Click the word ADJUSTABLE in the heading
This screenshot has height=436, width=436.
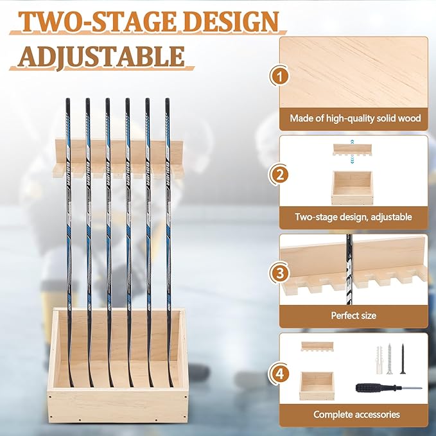tap(102, 56)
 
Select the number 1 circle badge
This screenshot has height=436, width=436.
tap(278, 77)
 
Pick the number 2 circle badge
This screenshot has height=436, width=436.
tap(278, 174)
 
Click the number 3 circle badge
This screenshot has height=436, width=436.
tap(278, 273)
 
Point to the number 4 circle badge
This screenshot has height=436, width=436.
tap(278, 371)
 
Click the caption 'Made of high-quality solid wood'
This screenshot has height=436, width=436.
tap(355, 118)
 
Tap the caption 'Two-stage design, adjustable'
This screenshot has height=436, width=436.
tap(353, 217)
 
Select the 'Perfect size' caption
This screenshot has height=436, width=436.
tap(353, 315)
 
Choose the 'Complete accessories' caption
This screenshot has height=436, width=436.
tap(356, 414)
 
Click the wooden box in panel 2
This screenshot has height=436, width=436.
tap(351, 187)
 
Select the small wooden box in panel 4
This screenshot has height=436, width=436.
tap(317, 385)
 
